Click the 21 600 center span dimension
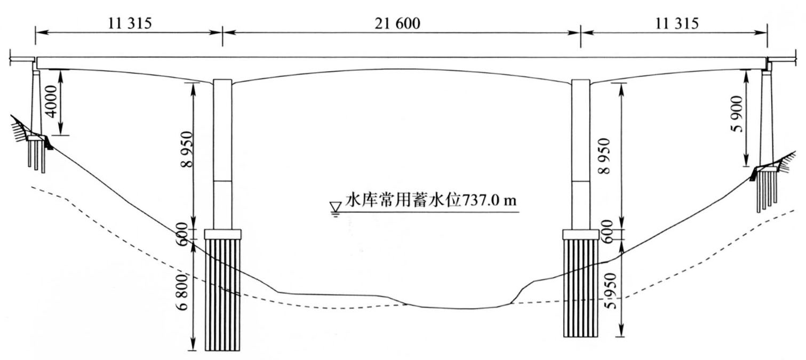[x=397, y=24]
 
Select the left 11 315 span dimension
[x=130, y=24]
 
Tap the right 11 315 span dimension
[x=676, y=24]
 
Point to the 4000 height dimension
[x=52, y=102]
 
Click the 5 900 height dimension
[x=737, y=114]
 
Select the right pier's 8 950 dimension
[x=605, y=156]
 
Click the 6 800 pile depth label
[x=183, y=292]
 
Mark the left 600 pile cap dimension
[x=182, y=234]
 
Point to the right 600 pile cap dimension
[x=607, y=231]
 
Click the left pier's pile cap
[x=223, y=234]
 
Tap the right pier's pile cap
[x=580, y=235]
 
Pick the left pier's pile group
[x=222, y=295]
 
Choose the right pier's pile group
[x=580, y=288]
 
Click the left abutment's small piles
[x=36, y=156]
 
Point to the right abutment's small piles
[x=767, y=196]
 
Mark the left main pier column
[x=222, y=154]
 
